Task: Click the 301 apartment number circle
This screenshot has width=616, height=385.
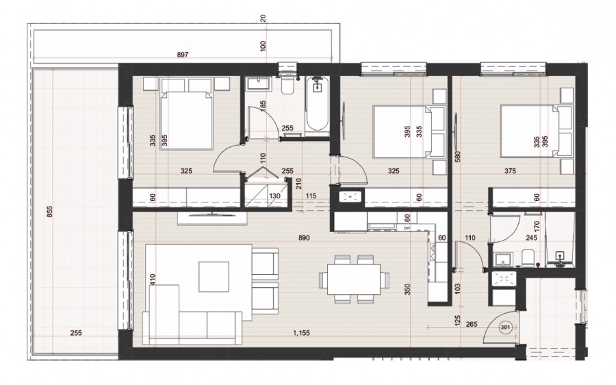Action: click(507, 327)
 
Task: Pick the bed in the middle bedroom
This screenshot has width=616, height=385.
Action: click(402, 131)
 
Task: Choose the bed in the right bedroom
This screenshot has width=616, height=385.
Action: click(535, 131)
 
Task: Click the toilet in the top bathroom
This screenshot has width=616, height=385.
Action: click(287, 85)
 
